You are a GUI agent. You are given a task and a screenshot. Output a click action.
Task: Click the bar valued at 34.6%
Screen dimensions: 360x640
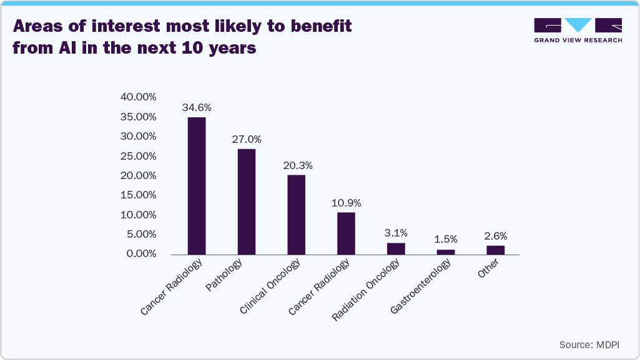pos(197,186)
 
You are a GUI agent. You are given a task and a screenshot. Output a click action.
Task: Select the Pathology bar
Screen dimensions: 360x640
pos(247,202)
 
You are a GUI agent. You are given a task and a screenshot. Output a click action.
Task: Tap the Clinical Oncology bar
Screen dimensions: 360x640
pos(297,215)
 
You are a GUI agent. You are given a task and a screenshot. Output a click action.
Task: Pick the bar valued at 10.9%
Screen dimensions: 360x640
pos(346,233)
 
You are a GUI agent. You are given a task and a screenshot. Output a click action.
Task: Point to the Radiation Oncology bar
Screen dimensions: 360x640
pos(396,248)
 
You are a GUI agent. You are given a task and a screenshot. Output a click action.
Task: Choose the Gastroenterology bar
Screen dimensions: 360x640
pos(446,251)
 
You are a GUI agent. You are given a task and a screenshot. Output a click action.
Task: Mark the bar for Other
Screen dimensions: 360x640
pos(496,250)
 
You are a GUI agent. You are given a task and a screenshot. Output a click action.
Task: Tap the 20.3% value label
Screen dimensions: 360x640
pos(297,165)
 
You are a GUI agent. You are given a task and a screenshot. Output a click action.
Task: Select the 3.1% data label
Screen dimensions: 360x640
pos(396,233)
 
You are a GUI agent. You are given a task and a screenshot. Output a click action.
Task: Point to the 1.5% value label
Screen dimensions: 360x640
pos(446,239)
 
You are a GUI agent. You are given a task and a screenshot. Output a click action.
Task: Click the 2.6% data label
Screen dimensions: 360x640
pos(496,236)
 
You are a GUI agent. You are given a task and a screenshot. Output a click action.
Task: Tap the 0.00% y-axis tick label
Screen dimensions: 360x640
pos(139,254)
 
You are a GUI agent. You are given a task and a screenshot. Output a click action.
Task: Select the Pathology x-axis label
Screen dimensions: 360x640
pos(224,276)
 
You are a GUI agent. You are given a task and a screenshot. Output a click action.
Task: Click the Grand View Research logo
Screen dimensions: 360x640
pos(578,30)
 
